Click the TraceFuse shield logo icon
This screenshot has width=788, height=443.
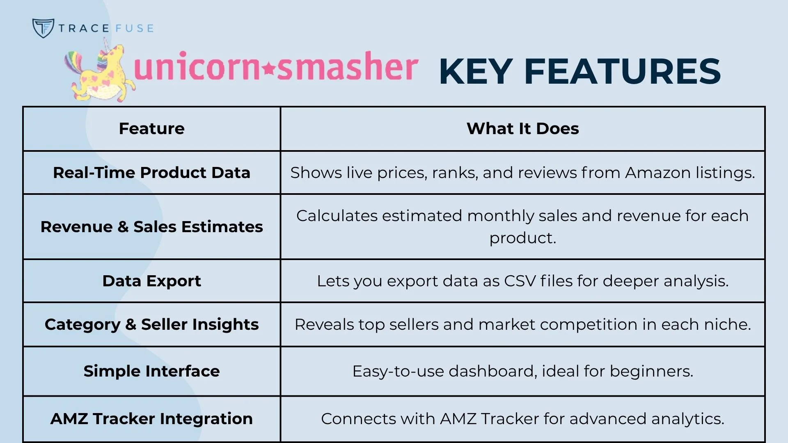coord(43,28)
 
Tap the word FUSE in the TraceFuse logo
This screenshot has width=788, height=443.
coord(135,28)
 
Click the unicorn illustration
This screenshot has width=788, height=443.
coord(101,74)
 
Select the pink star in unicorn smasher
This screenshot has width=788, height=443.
coord(269,69)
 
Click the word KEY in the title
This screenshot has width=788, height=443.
coord(476,72)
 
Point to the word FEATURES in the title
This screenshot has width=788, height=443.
coord(622,72)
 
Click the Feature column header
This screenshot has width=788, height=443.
coord(151,129)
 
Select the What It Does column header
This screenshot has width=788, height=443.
coord(522,129)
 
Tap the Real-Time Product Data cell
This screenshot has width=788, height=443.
coord(151,173)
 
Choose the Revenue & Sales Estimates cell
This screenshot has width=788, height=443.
coord(151,227)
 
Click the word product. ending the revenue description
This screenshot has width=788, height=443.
coord(522,238)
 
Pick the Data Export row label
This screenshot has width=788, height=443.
coord(151,281)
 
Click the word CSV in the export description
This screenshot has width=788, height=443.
coord(520,281)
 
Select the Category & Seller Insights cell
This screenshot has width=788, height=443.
coord(151,324)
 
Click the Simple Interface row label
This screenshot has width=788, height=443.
coord(151,371)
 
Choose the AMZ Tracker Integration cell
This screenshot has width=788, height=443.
coord(151,419)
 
